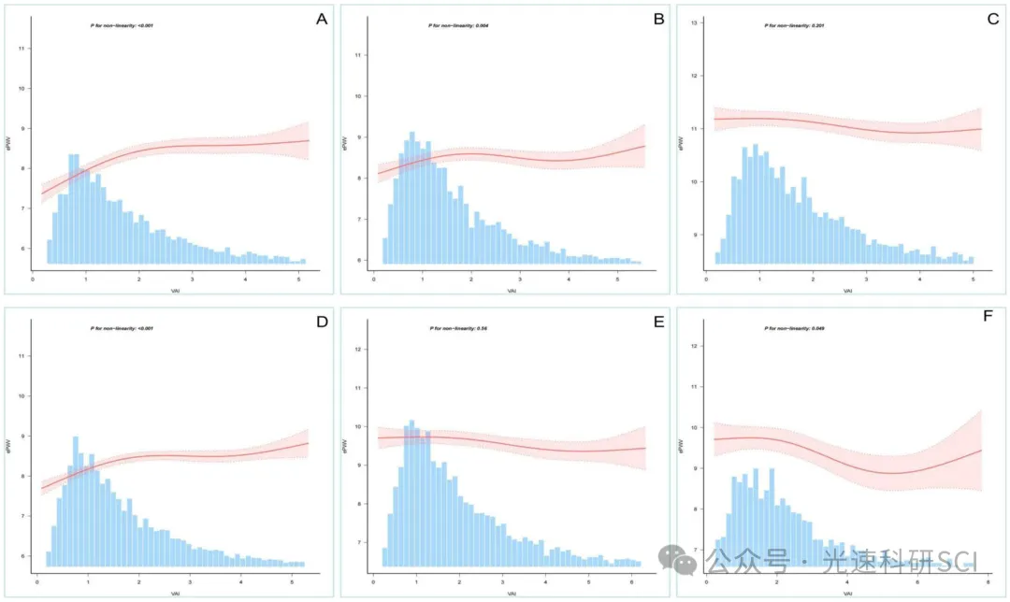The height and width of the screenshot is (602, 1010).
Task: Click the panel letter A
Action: (321, 19)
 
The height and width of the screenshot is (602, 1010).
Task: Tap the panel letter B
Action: (658, 18)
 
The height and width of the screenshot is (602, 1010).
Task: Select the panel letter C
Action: (992, 18)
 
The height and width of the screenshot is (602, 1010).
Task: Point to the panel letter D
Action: (321, 322)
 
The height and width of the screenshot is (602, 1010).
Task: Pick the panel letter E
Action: (658, 322)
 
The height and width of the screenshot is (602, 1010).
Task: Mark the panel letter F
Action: (992, 322)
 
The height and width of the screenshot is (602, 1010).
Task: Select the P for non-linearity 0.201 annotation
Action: (794, 25)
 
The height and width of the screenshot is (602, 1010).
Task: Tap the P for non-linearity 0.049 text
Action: (794, 329)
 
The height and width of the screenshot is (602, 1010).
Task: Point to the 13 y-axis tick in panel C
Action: (695, 22)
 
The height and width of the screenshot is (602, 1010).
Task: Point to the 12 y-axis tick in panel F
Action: (695, 346)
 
